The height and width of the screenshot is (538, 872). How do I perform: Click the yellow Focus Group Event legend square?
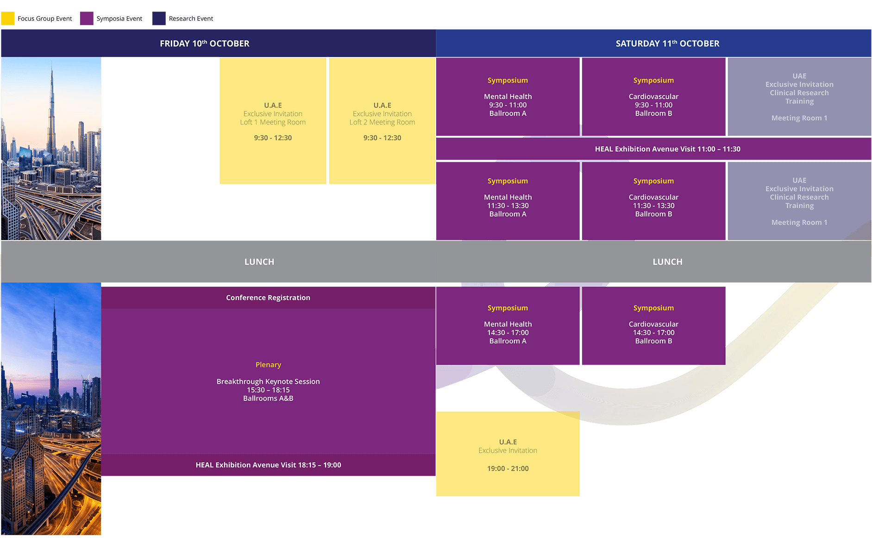[8, 19]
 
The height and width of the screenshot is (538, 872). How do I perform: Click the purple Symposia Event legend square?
[87, 19]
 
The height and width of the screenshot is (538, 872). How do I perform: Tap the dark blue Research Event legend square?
[159, 19]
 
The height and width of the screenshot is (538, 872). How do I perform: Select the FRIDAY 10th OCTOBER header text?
[204, 44]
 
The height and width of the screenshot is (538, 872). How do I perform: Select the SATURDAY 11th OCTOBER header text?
[667, 44]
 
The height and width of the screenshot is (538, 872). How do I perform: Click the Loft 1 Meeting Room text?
[273, 122]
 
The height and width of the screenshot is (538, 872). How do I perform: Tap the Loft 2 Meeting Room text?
[382, 122]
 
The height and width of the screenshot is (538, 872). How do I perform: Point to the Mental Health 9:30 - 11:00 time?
[508, 105]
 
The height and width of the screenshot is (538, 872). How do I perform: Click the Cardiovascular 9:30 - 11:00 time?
[653, 105]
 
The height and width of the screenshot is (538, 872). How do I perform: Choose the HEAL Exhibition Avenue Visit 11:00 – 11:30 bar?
[667, 149]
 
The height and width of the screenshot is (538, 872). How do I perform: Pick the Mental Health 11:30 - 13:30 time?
[508, 206]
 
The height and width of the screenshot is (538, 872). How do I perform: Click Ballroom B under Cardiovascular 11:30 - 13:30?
[653, 214]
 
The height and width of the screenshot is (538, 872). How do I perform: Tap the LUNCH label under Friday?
[259, 262]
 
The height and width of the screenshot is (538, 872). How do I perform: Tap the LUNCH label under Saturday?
[667, 262]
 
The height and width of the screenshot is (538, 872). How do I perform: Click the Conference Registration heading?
[268, 298]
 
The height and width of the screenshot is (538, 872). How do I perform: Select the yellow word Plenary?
[268, 365]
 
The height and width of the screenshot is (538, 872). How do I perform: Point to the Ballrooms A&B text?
[268, 399]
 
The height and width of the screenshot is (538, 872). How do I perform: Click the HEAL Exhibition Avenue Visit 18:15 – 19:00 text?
[268, 465]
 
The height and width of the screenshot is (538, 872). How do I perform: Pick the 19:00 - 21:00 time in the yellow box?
[508, 468]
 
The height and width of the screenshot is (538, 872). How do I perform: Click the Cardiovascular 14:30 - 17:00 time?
[653, 333]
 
